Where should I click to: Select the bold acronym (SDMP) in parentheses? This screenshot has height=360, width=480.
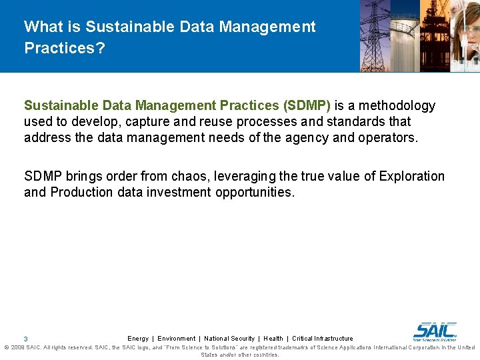pos(307,105)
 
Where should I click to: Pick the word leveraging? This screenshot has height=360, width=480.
pos(277,176)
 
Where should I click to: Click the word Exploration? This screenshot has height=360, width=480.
pos(411,176)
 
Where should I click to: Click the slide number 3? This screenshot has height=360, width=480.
pos(25,339)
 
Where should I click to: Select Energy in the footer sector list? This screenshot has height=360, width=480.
pos(138,339)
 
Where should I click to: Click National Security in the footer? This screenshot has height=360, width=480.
pos(229,339)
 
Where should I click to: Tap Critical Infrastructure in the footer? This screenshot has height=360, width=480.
pos(323,339)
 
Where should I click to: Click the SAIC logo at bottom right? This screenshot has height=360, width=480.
pos(435,331)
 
